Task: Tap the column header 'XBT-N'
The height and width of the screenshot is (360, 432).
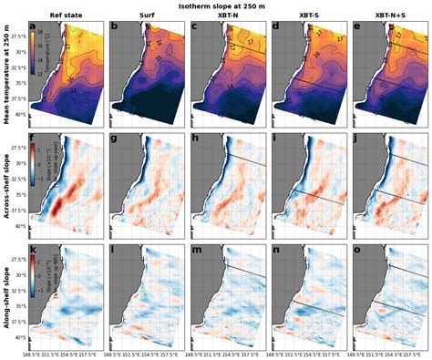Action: point(226,16)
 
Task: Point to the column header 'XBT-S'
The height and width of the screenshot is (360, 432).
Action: point(306,16)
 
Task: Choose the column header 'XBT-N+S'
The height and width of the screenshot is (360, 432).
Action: point(386,16)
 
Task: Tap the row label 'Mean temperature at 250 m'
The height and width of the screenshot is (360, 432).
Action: point(5,74)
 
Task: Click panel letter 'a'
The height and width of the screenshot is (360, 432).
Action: point(34,26)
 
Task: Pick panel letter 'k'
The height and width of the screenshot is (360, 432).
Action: point(34,249)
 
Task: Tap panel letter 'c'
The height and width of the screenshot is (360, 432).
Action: point(195,26)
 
